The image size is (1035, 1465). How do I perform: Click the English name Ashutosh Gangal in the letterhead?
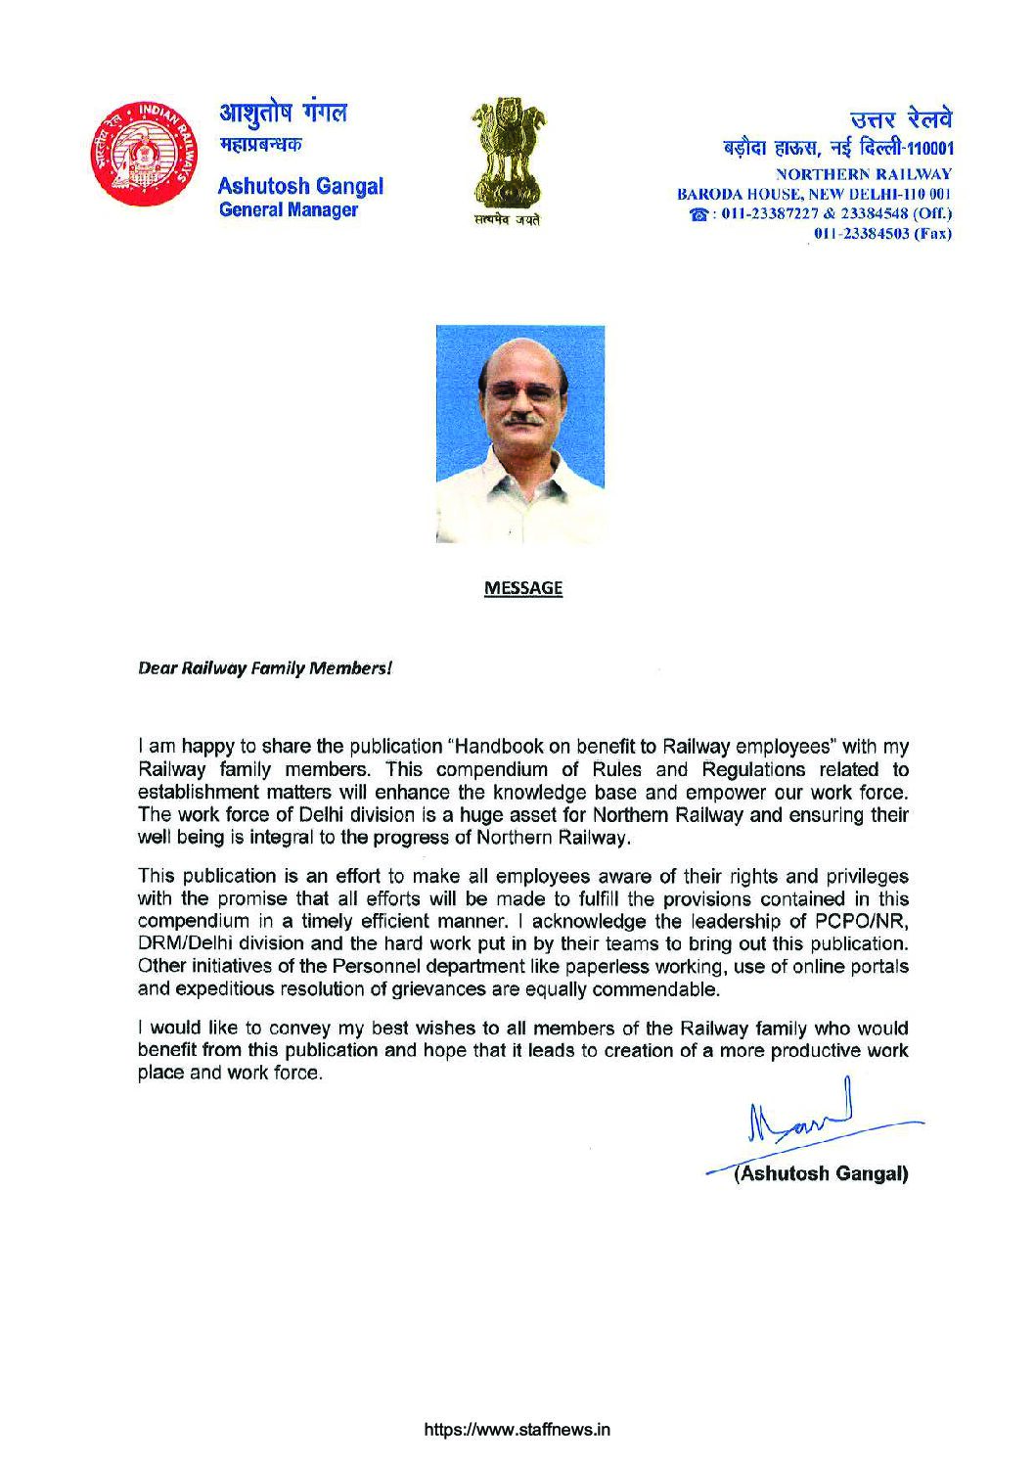[x=300, y=187]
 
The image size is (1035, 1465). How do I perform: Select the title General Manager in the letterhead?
[x=289, y=210]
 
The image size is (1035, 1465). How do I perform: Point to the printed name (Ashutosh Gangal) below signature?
[x=821, y=1173]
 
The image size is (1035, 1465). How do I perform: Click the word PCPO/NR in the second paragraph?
[x=848, y=922]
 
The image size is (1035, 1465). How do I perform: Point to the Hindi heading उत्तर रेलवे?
[x=903, y=122]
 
